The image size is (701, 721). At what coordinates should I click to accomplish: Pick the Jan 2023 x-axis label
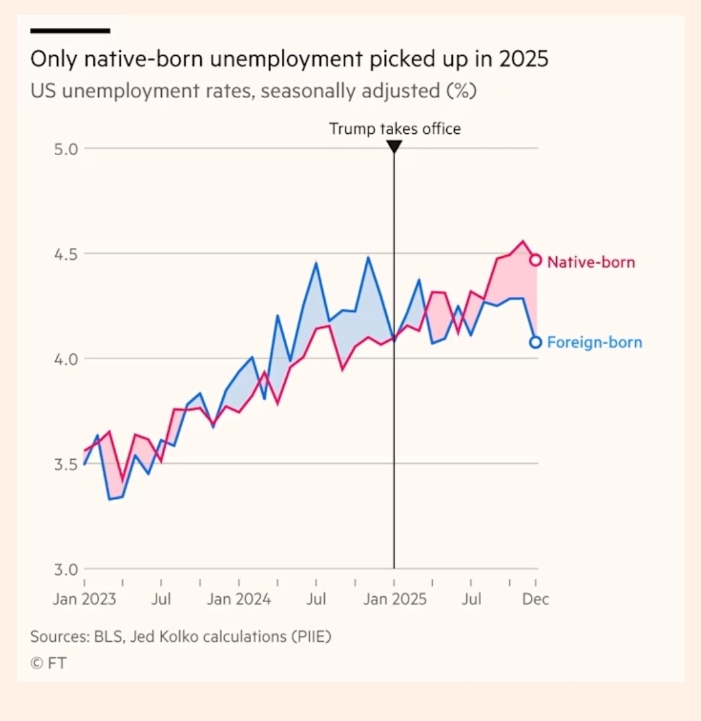tap(84, 598)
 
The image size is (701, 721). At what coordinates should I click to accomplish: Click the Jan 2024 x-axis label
tap(239, 598)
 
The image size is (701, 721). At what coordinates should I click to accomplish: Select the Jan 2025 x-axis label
tap(394, 598)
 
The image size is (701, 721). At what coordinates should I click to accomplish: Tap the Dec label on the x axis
tap(536, 598)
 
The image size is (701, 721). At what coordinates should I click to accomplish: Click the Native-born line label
tap(591, 262)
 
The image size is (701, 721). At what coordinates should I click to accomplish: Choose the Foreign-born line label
tap(594, 342)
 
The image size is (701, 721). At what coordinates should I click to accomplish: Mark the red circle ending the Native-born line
tap(536, 260)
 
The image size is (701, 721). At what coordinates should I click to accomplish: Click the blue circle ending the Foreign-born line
tap(535, 342)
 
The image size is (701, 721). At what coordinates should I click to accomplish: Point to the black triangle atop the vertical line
tap(394, 147)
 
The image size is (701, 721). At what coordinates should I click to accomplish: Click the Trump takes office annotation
tap(394, 129)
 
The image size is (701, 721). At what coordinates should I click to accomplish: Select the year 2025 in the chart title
tap(524, 59)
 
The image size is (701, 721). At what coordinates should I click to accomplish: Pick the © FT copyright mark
tap(48, 663)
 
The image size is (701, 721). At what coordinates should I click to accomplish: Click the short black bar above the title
tap(70, 31)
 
